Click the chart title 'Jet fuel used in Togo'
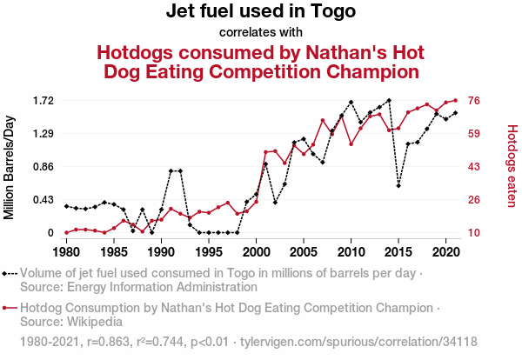coord(261,12)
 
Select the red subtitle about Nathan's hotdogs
coord(261,61)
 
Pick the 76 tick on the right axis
coord(476,101)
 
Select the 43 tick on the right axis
coord(476,167)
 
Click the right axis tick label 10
coord(476,233)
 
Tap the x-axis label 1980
coord(66,252)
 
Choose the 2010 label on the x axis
coord(351,252)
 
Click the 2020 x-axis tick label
coord(445,252)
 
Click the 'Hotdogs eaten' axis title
coord(512,166)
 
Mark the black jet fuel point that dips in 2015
coord(398,185)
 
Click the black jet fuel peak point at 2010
coord(351,103)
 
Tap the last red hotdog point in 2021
coord(455,100)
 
